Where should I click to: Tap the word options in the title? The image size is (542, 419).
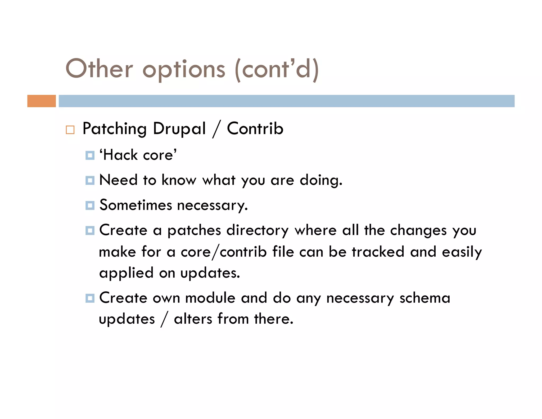pos(184,69)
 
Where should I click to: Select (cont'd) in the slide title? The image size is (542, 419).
pos(277,69)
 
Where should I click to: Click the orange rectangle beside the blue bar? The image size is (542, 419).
pos(42,101)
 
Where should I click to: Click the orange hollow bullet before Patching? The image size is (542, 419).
pos(70,130)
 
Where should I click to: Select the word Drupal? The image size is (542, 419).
pos(179,129)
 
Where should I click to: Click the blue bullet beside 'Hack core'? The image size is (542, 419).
pos(90,155)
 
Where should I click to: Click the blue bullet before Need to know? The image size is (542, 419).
pos(90,180)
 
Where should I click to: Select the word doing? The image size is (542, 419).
pos(321,180)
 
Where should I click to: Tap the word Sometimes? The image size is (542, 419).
pos(136,205)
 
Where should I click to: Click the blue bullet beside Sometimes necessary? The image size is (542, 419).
pos(90,205)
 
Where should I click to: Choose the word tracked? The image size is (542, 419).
pos(378,252)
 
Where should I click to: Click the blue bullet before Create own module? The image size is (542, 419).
pos(90,298)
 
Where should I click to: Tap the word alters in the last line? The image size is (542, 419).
pos(193,319)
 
